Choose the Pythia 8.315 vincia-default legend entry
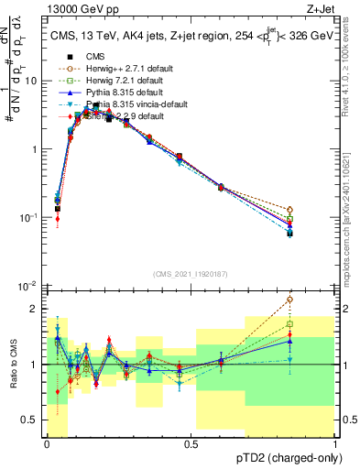pyautogui.click(x=119, y=104)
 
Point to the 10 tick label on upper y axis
pyautogui.click(x=32, y=81)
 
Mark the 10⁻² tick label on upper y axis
pyautogui.click(x=30, y=286)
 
